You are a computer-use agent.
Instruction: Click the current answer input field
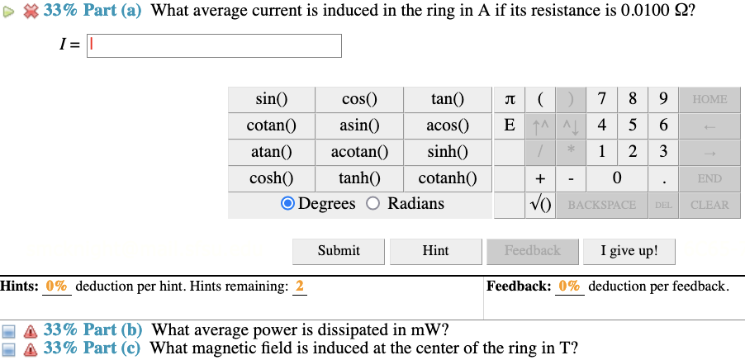point(215,46)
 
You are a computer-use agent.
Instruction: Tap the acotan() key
point(359,152)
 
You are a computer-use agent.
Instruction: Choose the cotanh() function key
point(448,178)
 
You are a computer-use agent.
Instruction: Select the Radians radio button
point(372,204)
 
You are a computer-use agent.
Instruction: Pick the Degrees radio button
point(287,204)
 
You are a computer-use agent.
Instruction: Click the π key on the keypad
point(510,100)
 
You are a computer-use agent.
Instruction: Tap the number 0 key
point(617,178)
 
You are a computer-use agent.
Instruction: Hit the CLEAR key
point(709,205)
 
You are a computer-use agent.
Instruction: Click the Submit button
point(339,251)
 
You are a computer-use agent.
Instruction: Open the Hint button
point(435,251)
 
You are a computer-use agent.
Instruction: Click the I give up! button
point(629,251)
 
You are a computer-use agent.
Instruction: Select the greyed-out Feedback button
point(532,251)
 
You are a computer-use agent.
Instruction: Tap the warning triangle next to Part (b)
point(31,330)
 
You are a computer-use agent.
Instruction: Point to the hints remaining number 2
point(300,287)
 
